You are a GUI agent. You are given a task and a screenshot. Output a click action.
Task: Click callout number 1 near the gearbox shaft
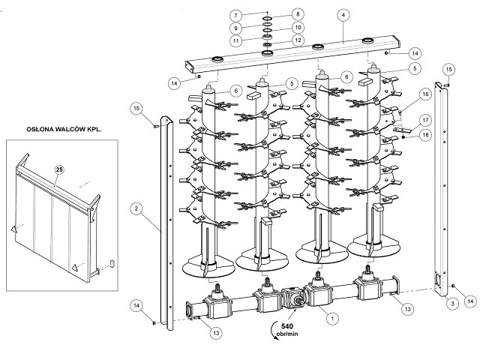coord(332,319)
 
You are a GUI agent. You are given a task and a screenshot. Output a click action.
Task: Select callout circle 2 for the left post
coord(136,209)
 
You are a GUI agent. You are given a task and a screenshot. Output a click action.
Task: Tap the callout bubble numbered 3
coord(452,304)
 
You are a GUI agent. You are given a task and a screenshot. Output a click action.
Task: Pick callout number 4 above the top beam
coord(343,15)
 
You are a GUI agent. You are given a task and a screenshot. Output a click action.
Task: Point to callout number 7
coord(236,16)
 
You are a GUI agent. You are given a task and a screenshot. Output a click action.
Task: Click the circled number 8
coord(298,14)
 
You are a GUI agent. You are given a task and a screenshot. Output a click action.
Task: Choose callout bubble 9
coord(236,28)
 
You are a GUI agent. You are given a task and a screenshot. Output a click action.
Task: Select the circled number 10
coord(298,27)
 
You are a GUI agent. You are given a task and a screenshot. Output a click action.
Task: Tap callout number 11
coord(236,41)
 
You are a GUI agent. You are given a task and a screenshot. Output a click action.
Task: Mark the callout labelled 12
coord(298,40)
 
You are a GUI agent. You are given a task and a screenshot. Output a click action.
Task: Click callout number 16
coord(425,94)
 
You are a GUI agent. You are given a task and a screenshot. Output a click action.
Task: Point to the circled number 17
coord(425,120)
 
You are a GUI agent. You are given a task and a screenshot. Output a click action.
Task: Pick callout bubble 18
coord(425,135)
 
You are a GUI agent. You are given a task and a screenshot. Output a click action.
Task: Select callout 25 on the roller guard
coord(59,169)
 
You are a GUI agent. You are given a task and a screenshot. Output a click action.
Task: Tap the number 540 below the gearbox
coord(286,326)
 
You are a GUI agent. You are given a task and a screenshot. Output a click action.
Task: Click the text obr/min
coord(286,334)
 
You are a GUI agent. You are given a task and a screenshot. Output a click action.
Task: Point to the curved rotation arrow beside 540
coord(273,331)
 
